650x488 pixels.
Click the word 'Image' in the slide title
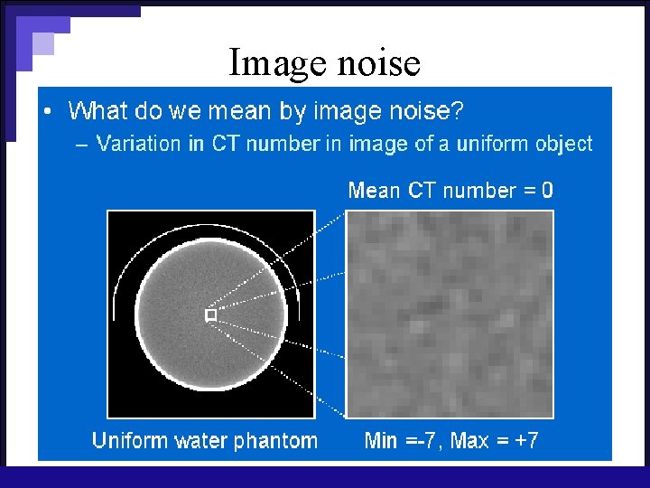click(276, 64)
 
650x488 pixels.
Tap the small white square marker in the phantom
click(210, 314)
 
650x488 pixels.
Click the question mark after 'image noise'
click(458, 111)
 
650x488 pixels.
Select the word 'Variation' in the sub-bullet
click(138, 144)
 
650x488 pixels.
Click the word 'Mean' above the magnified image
click(374, 191)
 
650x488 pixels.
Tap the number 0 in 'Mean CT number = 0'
click(547, 191)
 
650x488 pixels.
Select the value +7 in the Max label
click(525, 441)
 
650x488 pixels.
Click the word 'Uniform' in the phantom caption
click(129, 441)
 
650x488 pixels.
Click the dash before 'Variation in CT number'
click(82, 145)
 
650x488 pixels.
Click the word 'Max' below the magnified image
click(469, 441)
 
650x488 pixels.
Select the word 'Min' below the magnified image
click(381, 441)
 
